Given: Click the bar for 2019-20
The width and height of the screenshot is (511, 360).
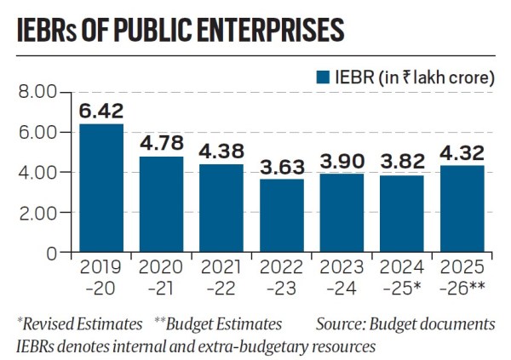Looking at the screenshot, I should click(x=100, y=188).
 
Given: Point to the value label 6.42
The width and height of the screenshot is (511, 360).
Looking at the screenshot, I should click(x=100, y=111).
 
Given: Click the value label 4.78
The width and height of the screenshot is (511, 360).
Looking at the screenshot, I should click(x=161, y=143).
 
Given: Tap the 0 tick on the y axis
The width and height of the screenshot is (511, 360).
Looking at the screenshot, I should click(x=51, y=253).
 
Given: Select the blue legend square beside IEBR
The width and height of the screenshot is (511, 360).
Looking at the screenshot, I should click(x=323, y=77).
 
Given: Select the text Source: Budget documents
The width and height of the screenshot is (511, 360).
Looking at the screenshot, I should click(x=405, y=323).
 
